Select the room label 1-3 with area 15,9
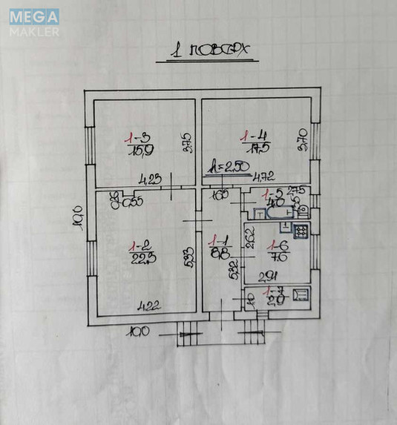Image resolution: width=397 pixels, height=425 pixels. (x=138, y=142)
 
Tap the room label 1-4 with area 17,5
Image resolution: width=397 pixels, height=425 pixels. (x=255, y=141)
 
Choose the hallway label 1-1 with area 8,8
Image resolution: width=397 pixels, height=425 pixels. (x=219, y=246)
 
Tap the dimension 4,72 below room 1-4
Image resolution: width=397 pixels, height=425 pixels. (x=263, y=178)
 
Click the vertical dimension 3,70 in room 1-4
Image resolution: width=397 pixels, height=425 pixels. (x=302, y=139)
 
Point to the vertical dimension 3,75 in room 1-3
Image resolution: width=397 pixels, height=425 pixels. (x=188, y=142)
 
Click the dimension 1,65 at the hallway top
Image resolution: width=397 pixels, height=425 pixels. (x=220, y=196)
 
